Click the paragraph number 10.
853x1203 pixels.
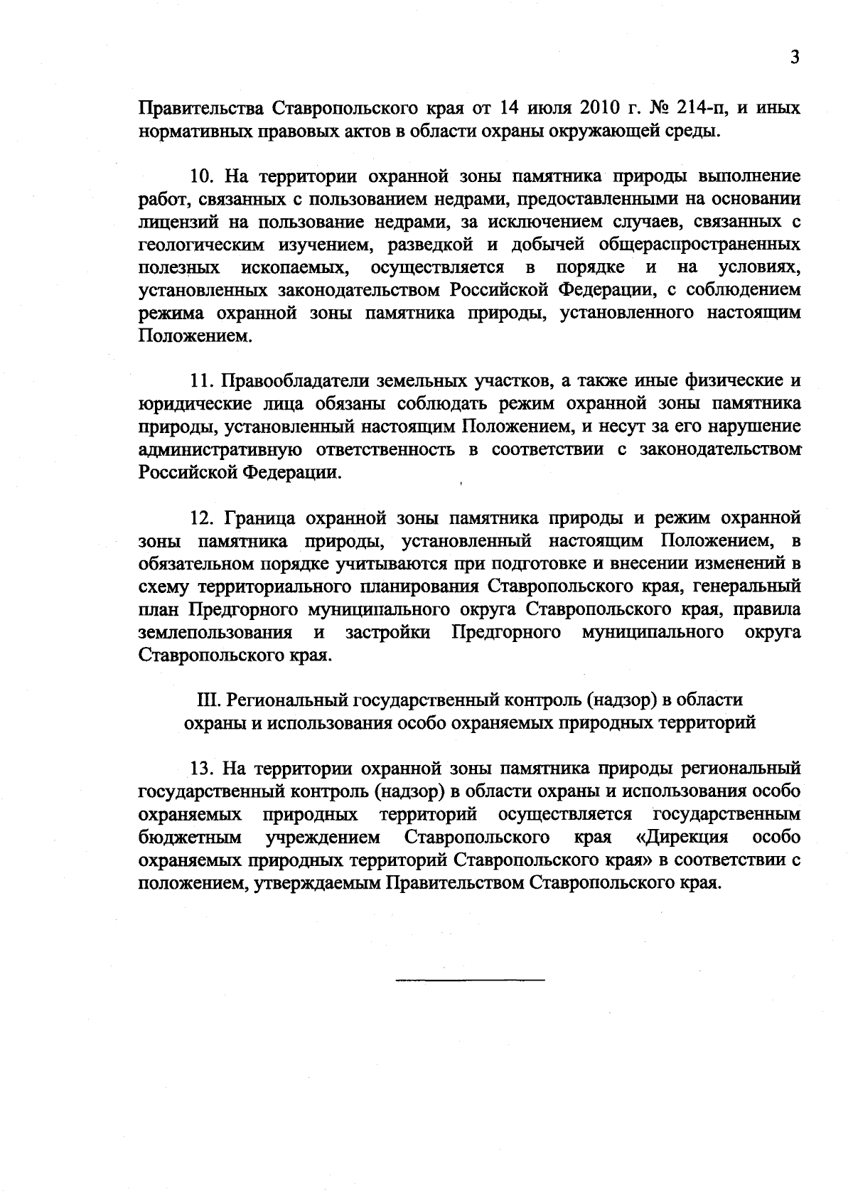click(x=201, y=176)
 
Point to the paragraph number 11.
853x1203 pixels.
click(x=201, y=382)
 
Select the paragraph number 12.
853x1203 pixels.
click(x=201, y=518)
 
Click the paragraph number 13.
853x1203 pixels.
click(x=201, y=769)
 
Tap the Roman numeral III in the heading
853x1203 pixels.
click(x=208, y=700)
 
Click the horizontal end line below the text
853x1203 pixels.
click(x=469, y=981)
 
